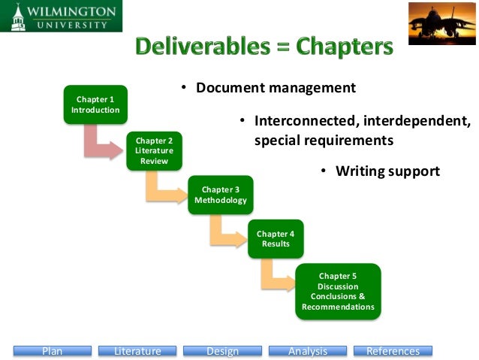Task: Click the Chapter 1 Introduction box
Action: click(x=95, y=104)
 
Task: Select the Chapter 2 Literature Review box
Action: click(x=154, y=150)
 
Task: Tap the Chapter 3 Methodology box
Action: click(x=220, y=195)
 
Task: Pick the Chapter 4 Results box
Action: click(x=276, y=239)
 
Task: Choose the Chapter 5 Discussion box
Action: click(x=338, y=291)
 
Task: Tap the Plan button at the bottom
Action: click(x=52, y=351)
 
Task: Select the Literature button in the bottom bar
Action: click(x=137, y=351)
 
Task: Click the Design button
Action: click(x=222, y=351)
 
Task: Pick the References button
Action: click(x=393, y=351)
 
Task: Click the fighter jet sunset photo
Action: click(x=441, y=23)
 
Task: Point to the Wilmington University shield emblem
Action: click(x=13, y=17)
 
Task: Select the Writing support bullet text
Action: click(x=387, y=171)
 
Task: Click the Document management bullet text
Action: click(x=276, y=88)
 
